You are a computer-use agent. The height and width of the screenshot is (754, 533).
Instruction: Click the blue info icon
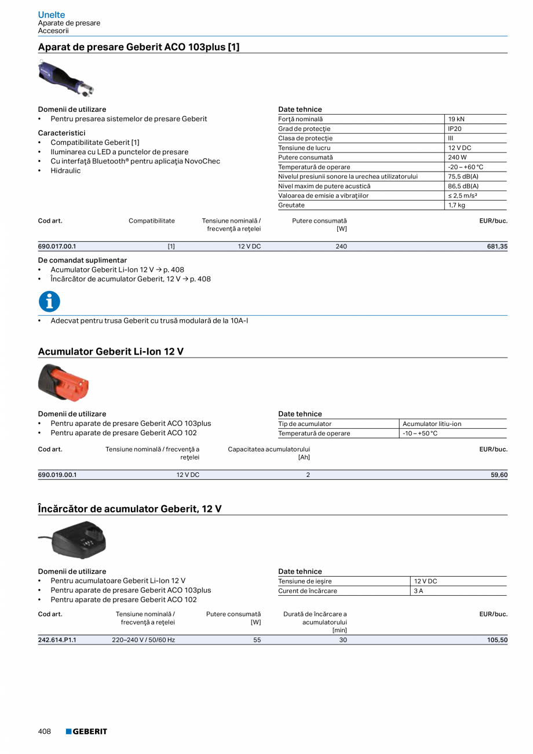coord(49,301)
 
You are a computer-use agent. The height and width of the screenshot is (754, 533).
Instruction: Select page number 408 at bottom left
coord(45,731)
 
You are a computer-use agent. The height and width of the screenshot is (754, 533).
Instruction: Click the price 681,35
coord(497,246)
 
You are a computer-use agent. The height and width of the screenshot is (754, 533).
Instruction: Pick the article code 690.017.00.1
coord(57,246)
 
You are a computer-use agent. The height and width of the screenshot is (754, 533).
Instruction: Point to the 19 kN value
coord(456,119)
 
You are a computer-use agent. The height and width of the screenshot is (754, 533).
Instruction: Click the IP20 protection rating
coord(455,129)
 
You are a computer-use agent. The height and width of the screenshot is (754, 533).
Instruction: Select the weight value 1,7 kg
coord(457,205)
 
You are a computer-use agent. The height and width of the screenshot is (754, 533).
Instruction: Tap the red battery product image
coord(64,383)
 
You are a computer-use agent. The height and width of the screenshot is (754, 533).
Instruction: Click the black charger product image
coord(75,540)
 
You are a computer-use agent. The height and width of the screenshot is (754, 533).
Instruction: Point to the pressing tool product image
coord(65,78)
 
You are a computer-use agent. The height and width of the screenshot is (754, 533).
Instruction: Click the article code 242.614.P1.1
coord(57,640)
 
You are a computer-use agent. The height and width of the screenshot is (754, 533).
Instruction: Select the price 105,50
coord(497,640)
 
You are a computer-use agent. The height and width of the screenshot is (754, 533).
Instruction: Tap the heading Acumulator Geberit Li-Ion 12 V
coord(111,351)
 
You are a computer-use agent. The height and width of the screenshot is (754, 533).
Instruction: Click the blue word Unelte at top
coord(52,14)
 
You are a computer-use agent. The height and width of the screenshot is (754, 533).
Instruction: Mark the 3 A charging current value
coord(418,591)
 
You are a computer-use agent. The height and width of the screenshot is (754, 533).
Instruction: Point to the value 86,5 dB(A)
coord(463,186)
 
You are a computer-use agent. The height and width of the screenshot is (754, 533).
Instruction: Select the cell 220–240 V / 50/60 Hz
coord(143,640)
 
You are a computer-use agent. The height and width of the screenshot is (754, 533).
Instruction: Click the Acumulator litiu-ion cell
coord(432,424)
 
